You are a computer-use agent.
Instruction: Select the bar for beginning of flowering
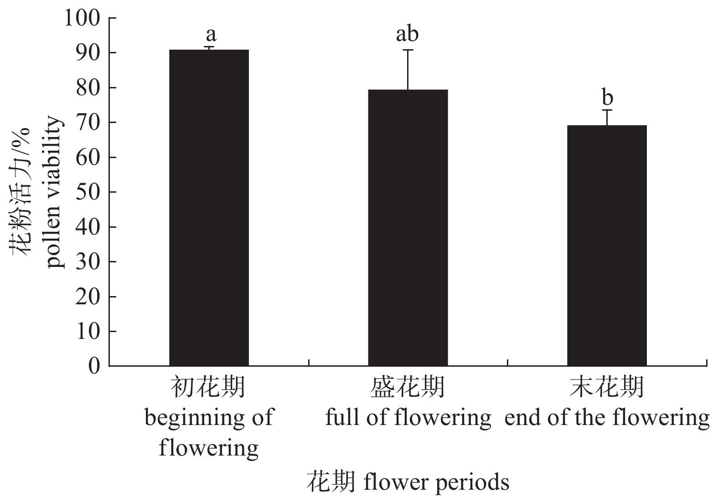point(209,207)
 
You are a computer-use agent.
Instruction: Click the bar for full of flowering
point(408,228)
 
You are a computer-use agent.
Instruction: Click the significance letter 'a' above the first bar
point(211,34)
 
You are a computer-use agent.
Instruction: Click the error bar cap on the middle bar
point(408,50)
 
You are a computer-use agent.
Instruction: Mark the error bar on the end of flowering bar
point(607,117)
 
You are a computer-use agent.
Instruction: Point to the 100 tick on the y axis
point(82,18)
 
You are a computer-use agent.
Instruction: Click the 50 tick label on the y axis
point(88,192)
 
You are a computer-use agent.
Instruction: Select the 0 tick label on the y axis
point(94,366)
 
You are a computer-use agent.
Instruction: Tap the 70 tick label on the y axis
point(88,122)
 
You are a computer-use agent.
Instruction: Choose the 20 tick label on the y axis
point(88,296)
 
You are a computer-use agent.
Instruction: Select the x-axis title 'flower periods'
point(436,482)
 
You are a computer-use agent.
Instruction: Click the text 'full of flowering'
point(408,417)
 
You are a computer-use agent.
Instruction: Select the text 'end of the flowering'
point(607,417)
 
